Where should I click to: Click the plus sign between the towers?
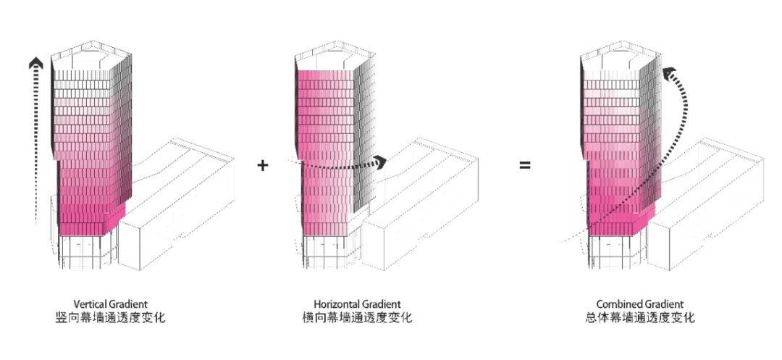point(262,166)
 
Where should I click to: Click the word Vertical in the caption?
point(90,304)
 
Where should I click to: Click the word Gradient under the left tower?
point(128,304)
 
